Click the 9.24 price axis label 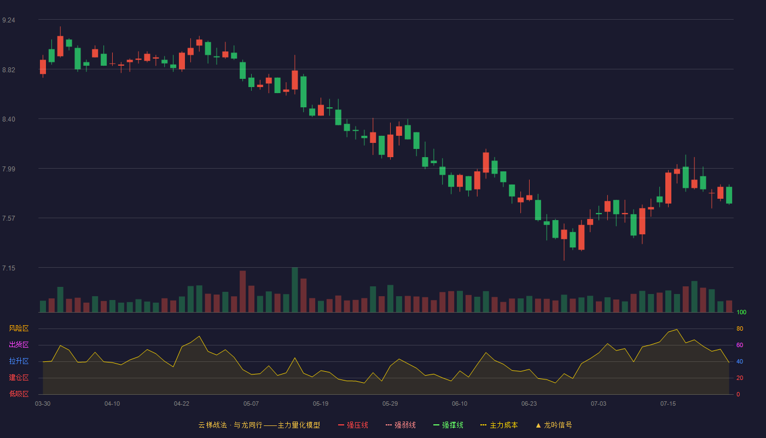point(9,20)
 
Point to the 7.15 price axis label point(9,268)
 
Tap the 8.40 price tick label point(9,119)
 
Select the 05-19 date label point(321,404)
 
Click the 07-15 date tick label point(668,404)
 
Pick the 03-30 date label point(43,404)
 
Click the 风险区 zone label point(19,328)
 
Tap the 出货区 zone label point(19,344)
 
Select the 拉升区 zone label point(19,361)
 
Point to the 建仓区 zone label point(19,377)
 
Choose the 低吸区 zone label point(19,394)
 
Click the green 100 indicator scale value point(741,312)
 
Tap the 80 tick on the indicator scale point(740,328)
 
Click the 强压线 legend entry point(353,425)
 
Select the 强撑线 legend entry point(448,425)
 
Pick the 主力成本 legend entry point(499,425)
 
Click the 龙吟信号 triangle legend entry point(554,425)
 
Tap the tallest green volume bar point(295,290)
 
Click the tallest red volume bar point(243,291)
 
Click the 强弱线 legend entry point(401,425)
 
